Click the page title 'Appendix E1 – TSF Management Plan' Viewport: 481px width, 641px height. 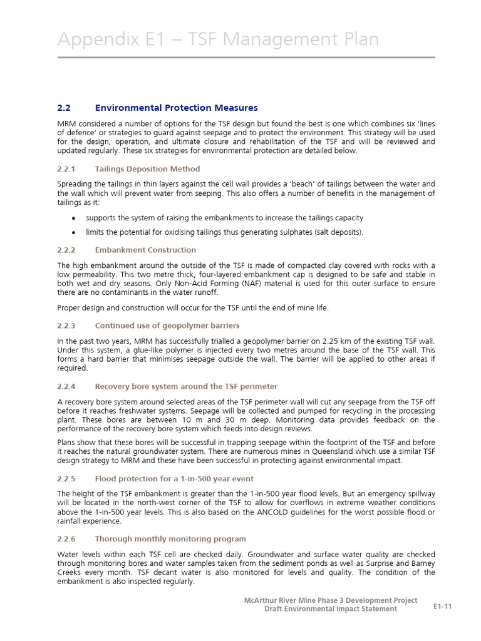pyautogui.click(x=218, y=39)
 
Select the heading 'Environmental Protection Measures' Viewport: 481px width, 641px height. pyautogui.click(x=176, y=108)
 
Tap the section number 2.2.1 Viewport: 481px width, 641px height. pyautogui.click(x=66, y=169)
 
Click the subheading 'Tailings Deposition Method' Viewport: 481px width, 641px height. pyautogui.click(x=147, y=169)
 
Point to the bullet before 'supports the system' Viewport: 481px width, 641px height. pyautogui.click(x=74, y=218)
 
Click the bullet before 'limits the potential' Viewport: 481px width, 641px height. pyautogui.click(x=74, y=232)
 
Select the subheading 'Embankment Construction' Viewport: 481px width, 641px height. pyautogui.click(x=145, y=250)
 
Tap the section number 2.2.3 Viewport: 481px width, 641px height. pyautogui.click(x=66, y=326)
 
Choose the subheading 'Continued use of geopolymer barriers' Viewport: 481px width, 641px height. pyautogui.click(x=167, y=326)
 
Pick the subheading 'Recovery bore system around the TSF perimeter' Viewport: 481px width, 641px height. pyautogui.click(x=186, y=386)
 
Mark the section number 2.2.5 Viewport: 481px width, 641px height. pyautogui.click(x=66, y=478)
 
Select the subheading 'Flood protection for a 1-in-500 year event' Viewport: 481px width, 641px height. pyautogui.click(x=174, y=478)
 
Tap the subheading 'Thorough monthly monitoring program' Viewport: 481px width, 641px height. pyautogui.click(x=170, y=538)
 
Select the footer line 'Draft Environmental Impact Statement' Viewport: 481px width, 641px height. pyautogui.click(x=330, y=608)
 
